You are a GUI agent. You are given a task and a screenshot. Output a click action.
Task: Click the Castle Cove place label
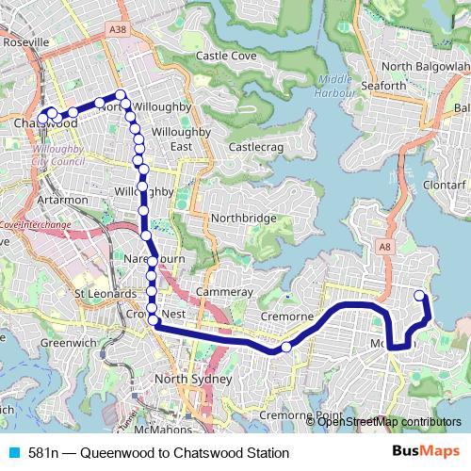click(226, 57)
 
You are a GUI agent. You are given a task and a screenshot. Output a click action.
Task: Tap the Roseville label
click(26, 43)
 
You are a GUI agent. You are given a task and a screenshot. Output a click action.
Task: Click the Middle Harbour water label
click(336, 86)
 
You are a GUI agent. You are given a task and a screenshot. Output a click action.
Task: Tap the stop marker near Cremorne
click(286, 348)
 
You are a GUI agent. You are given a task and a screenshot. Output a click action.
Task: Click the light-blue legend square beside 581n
click(13, 453)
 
